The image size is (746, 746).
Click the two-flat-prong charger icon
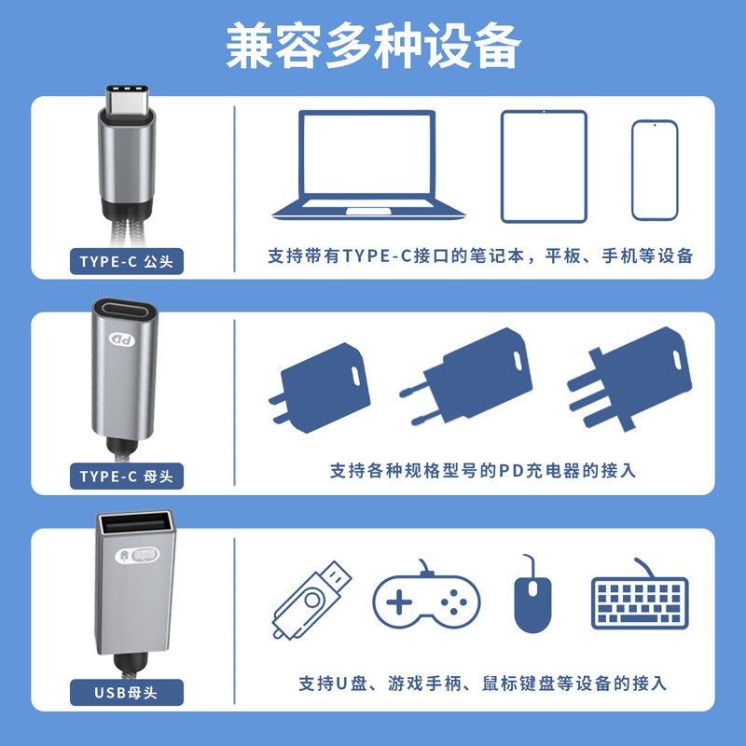pyautogui.click(x=320, y=388)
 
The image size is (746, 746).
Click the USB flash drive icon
pyautogui.click(x=311, y=601)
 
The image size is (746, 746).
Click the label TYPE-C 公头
pyautogui.click(x=127, y=261)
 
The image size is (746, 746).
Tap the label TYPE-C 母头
pyautogui.click(x=127, y=476)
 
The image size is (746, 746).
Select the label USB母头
pyautogui.click(x=127, y=692)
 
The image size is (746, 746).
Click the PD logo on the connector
pyautogui.click(x=122, y=339)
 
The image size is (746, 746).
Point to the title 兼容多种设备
pyautogui.click(x=374, y=47)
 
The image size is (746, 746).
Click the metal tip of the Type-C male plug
pyautogui.click(x=127, y=100)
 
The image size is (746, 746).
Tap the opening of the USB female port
pyautogui.click(x=135, y=523)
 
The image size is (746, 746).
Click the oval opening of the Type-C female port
pyautogui.click(x=125, y=311)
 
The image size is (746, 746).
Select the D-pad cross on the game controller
pyautogui.click(x=399, y=602)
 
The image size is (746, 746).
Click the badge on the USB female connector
pyautogui.click(x=137, y=555)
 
